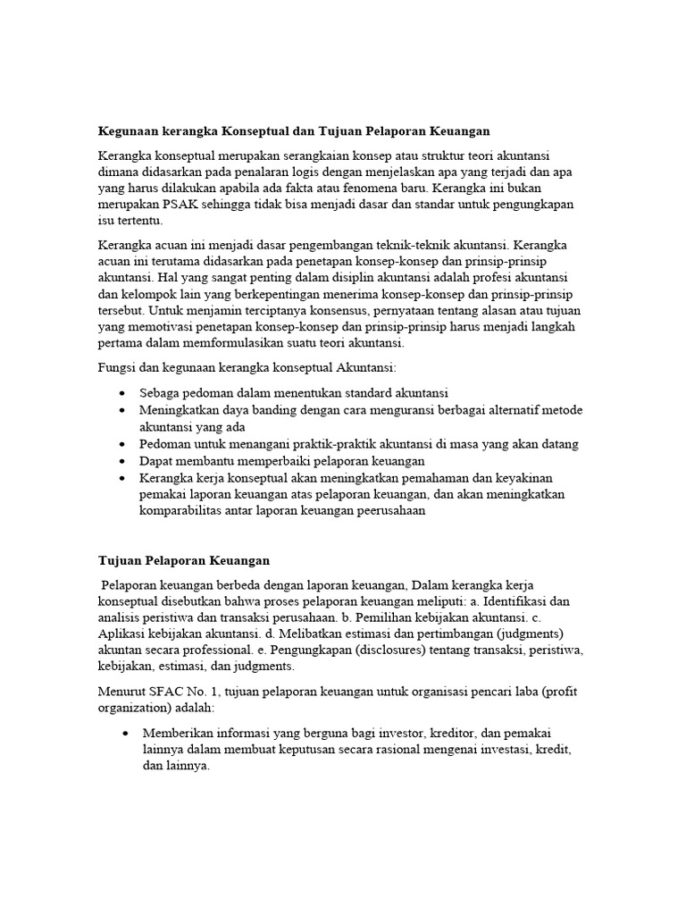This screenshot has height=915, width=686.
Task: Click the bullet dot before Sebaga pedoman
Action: pyautogui.click(x=121, y=393)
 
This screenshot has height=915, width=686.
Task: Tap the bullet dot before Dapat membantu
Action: pyautogui.click(x=121, y=460)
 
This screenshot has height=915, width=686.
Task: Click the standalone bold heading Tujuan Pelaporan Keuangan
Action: pyautogui.click(x=183, y=560)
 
